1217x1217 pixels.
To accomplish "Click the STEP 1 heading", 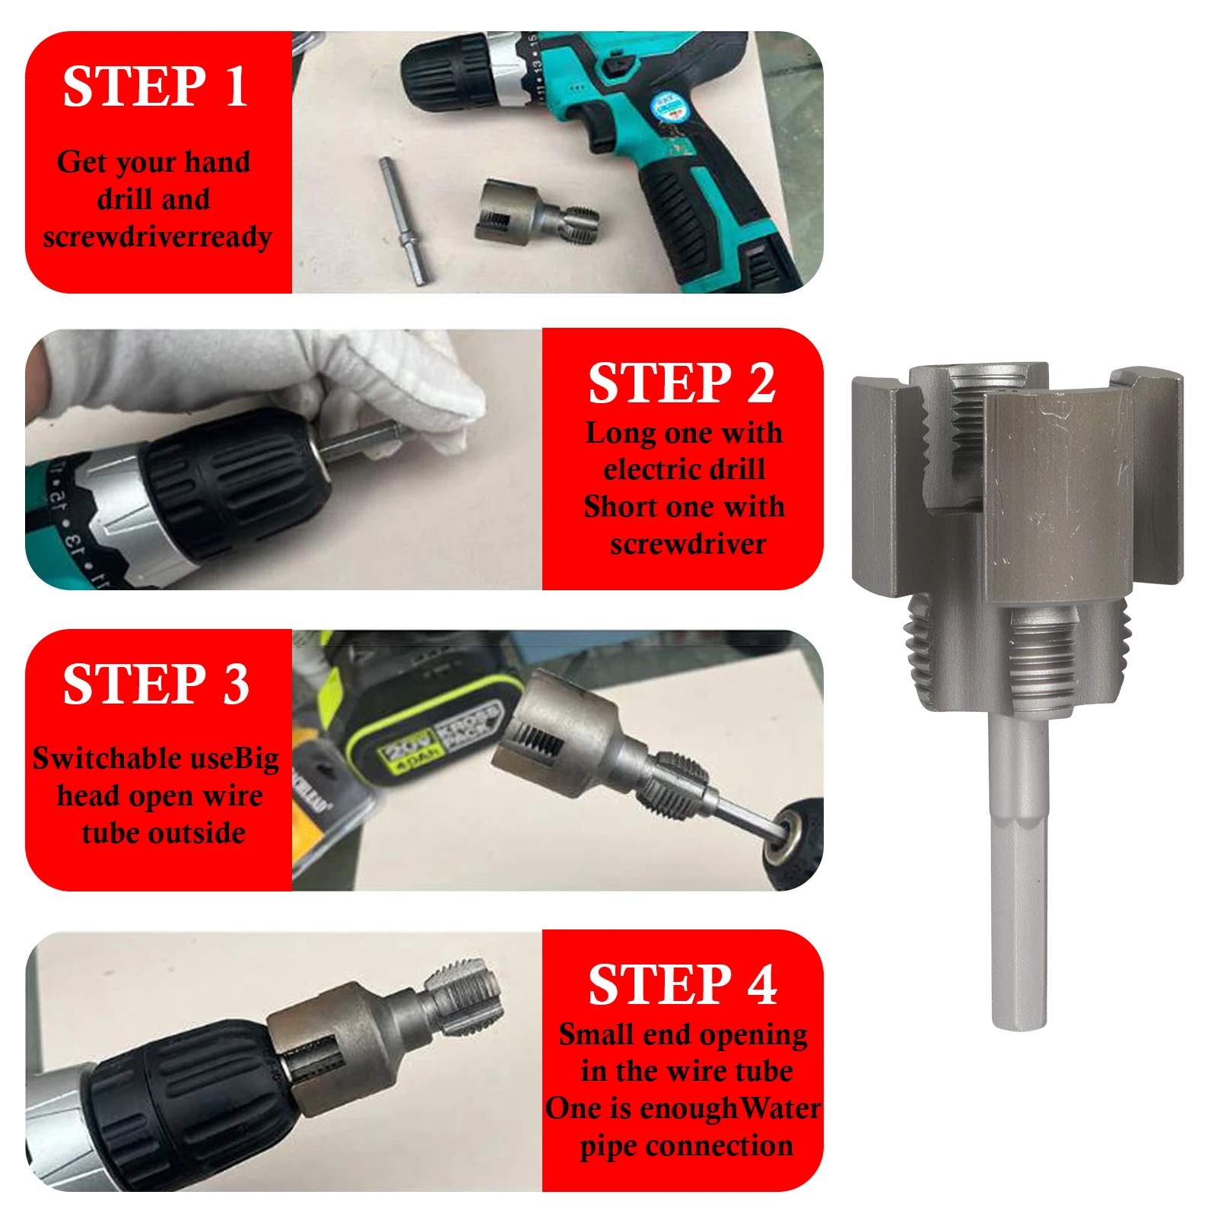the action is (x=155, y=86).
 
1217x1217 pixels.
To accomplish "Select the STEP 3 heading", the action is (x=156, y=683).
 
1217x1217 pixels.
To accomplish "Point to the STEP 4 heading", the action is (x=682, y=984).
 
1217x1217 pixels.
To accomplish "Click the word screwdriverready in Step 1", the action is (x=157, y=237).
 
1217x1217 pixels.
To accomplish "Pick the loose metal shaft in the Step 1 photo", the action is (x=405, y=221).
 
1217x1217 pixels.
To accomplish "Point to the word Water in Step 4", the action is (x=779, y=1107).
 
